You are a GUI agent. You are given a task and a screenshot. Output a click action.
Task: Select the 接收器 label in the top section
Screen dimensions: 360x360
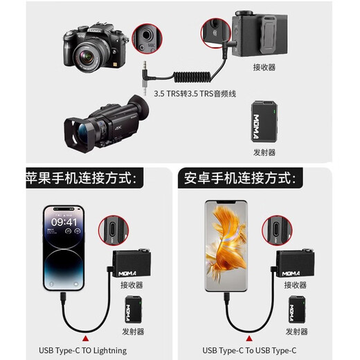[x=264, y=68]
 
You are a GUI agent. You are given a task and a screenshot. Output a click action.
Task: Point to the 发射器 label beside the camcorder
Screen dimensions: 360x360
[x=264, y=152]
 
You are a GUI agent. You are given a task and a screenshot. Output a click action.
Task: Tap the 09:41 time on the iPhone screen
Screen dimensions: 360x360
[x=64, y=222]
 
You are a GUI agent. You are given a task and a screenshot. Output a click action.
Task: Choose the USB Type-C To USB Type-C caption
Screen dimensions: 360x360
[x=250, y=350]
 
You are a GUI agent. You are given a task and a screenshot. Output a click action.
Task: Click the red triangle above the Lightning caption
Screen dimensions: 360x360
[x=85, y=336]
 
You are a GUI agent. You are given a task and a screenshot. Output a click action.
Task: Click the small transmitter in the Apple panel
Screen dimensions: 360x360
[x=134, y=309]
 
